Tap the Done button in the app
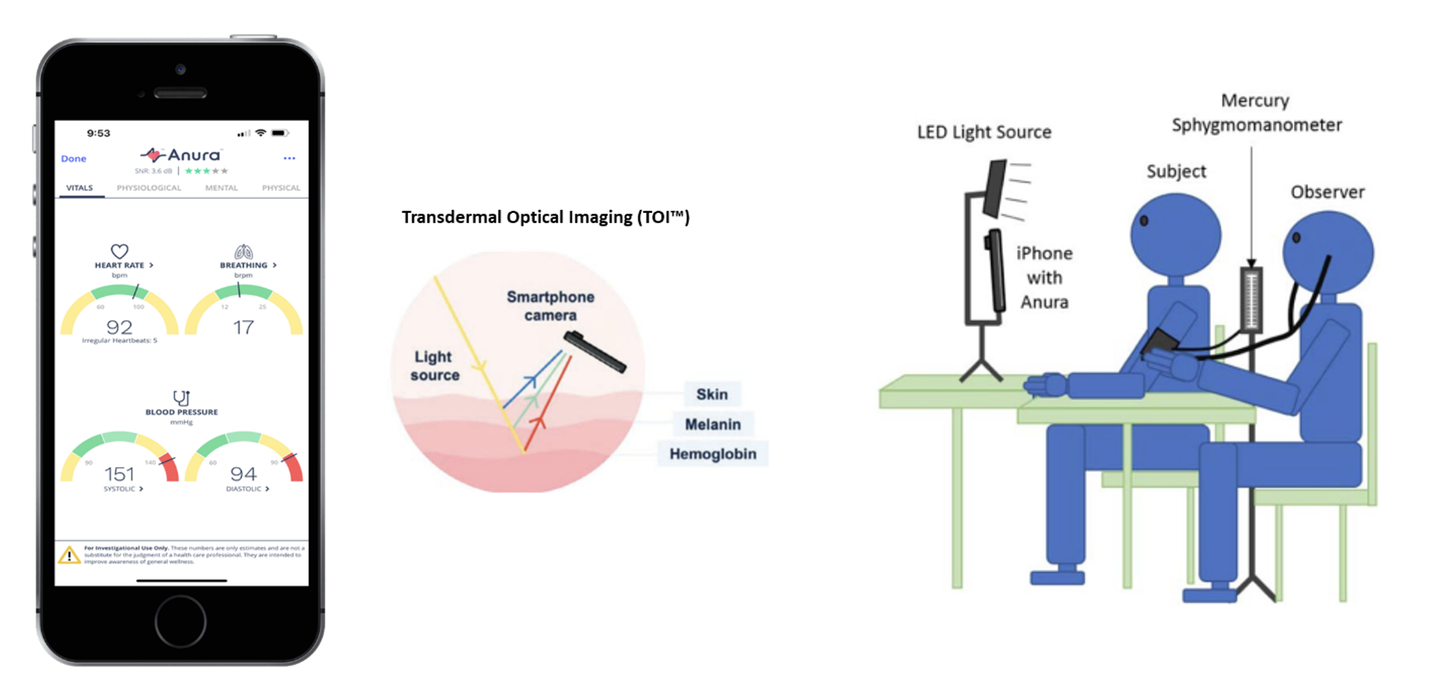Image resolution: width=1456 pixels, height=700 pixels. point(74,159)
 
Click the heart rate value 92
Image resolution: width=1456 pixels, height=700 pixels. point(119,327)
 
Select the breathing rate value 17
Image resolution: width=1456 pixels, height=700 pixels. point(244,327)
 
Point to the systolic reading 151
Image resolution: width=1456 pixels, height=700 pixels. point(119,474)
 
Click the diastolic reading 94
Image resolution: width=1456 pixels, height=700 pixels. point(244,474)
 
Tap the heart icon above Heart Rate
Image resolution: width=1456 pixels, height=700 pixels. point(119,251)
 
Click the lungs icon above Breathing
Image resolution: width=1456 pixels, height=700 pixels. point(244,251)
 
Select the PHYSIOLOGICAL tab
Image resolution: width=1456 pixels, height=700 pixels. point(149,188)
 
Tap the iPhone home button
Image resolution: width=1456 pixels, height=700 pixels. point(181,621)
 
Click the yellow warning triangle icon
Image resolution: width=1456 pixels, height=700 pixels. point(69,555)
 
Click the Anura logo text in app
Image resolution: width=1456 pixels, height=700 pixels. point(193,155)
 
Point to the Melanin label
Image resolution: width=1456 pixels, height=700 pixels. point(712,424)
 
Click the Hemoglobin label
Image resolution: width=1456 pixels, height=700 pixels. point(712,454)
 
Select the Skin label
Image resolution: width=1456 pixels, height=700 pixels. point(712,394)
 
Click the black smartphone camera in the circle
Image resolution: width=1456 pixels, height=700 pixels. point(594,351)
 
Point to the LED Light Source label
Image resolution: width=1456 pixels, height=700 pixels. point(984,132)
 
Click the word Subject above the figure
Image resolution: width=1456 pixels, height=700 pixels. point(1176,171)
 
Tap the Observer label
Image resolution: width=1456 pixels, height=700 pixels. point(1327,192)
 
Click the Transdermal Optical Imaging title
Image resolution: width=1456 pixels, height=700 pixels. point(545,217)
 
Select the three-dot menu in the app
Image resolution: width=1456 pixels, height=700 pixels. point(289,158)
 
